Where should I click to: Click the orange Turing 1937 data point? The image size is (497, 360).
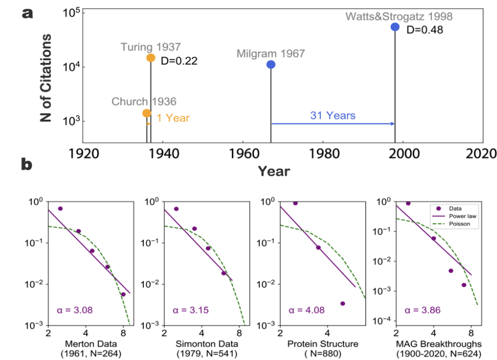[151, 58]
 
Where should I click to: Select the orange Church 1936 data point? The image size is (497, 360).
[147, 113]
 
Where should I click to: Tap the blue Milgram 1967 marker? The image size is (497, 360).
[271, 65]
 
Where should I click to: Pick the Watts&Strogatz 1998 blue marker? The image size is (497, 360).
[395, 27]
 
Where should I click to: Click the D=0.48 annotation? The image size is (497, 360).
[424, 30]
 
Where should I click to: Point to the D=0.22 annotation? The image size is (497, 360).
[179, 60]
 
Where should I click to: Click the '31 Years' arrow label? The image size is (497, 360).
[332, 115]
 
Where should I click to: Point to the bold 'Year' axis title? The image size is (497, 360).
[274, 171]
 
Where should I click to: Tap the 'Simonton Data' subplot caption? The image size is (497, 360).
[201, 344]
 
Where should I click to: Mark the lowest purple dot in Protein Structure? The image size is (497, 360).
[342, 303]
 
